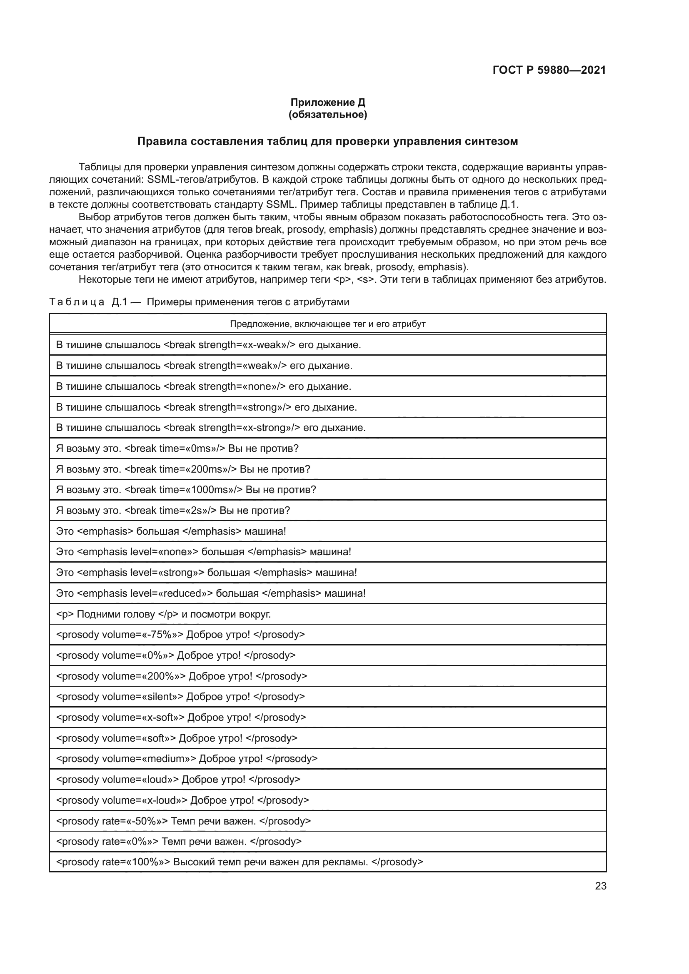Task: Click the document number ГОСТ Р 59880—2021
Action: pos(549,70)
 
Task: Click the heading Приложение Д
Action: pos(327,102)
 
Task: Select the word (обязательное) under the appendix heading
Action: pos(327,115)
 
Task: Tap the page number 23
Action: pos(600,886)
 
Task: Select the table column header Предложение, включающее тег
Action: pos(327,324)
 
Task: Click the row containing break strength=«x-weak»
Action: pos(208,345)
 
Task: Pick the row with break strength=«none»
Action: pos(204,386)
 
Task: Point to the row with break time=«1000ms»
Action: pos(186,490)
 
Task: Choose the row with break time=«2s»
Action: pos(173,511)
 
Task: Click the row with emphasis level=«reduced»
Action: pos(210,593)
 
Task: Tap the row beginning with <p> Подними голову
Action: pos(163,614)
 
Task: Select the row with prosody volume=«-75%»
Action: pos(180,635)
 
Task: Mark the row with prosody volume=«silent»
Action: pos(180,697)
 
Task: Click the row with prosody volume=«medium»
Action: pos(187,758)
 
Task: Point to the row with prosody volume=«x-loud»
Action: pos(182,800)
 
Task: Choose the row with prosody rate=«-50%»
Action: pos(183,821)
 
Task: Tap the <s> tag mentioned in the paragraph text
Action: pos(365,279)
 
